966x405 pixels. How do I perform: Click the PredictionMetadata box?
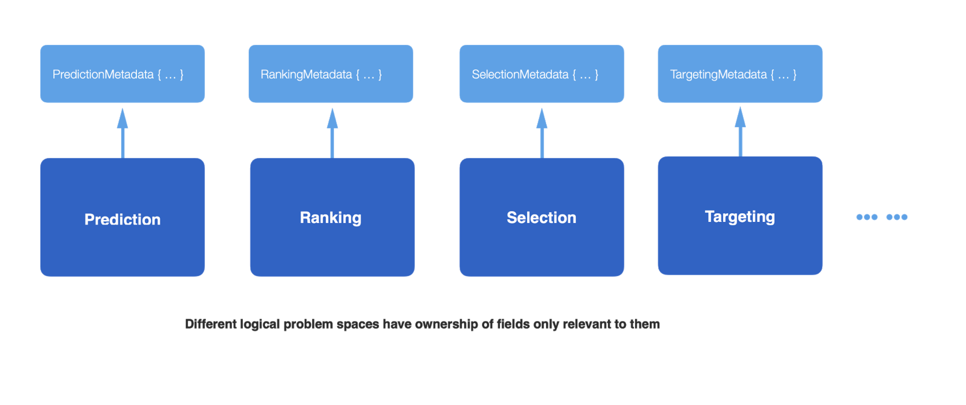pyautogui.click(x=122, y=74)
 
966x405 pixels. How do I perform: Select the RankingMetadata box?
pyautogui.click(x=331, y=74)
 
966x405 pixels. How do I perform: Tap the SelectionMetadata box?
pyautogui.click(x=541, y=74)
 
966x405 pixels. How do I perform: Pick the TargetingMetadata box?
pyautogui.click(x=740, y=74)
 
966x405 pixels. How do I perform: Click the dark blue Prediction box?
pyautogui.click(x=122, y=217)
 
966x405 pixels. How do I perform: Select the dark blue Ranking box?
pyautogui.click(x=332, y=217)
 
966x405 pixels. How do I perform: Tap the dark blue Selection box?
pyautogui.click(x=541, y=217)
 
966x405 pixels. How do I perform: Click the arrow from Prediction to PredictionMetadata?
pyautogui.click(x=122, y=134)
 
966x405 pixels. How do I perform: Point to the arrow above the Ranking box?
pyautogui.click(x=332, y=134)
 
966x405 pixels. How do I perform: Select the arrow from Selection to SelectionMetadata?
pyautogui.click(x=542, y=134)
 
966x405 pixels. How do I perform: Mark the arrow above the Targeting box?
pyautogui.click(x=740, y=132)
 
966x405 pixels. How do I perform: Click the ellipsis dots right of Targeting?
pyautogui.click(x=882, y=217)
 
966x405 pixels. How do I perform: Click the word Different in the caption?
pyautogui.click(x=211, y=324)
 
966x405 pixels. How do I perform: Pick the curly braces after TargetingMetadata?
pyautogui.click(x=783, y=74)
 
